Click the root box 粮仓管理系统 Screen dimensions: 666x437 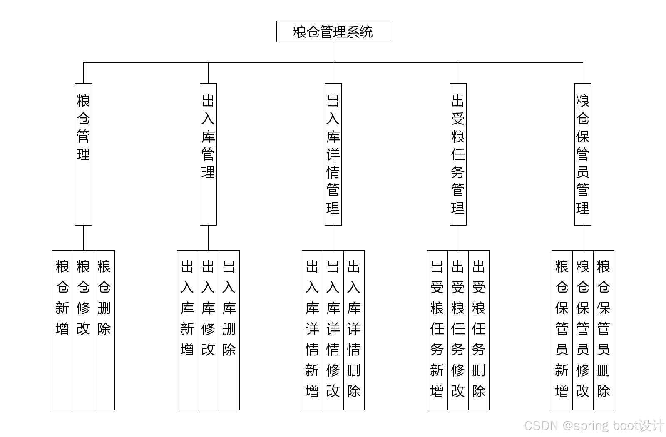pos(333,32)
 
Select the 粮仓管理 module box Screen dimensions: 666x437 pos(83,154)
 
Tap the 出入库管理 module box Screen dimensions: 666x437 pos(208,154)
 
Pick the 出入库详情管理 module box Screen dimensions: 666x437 pos(333,154)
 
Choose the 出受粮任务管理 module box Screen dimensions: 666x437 pos(458,154)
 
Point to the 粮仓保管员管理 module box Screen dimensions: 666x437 pos(583,154)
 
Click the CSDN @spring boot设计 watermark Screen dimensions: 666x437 pos(594,425)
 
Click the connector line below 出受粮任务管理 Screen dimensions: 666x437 pos(458,238)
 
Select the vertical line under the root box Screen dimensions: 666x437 pos(333,52)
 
